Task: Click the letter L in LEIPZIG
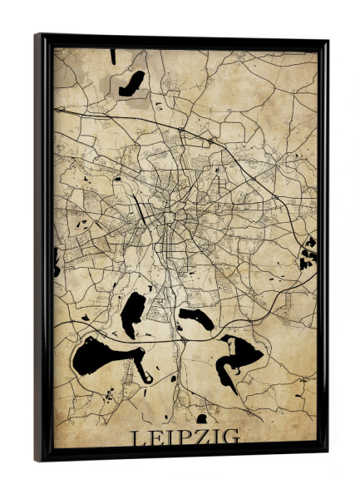pyautogui.click(x=137, y=437)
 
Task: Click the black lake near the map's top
pyautogui.click(x=131, y=82)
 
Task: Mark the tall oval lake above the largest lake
pyautogui.click(x=132, y=314)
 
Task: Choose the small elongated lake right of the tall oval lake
pyautogui.click(x=196, y=318)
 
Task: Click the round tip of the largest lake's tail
pyautogui.click(x=147, y=378)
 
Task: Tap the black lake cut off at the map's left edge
pyautogui.click(x=57, y=261)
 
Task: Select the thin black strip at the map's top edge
pyautogui.click(x=112, y=57)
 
